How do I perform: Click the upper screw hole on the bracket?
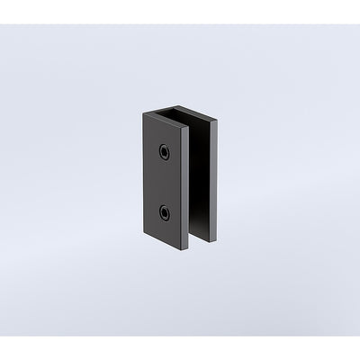(165, 151)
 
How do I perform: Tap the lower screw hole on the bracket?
(165, 213)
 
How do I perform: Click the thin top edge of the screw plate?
(166, 119)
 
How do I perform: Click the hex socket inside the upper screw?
(166, 151)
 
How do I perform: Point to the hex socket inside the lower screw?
(166, 213)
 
